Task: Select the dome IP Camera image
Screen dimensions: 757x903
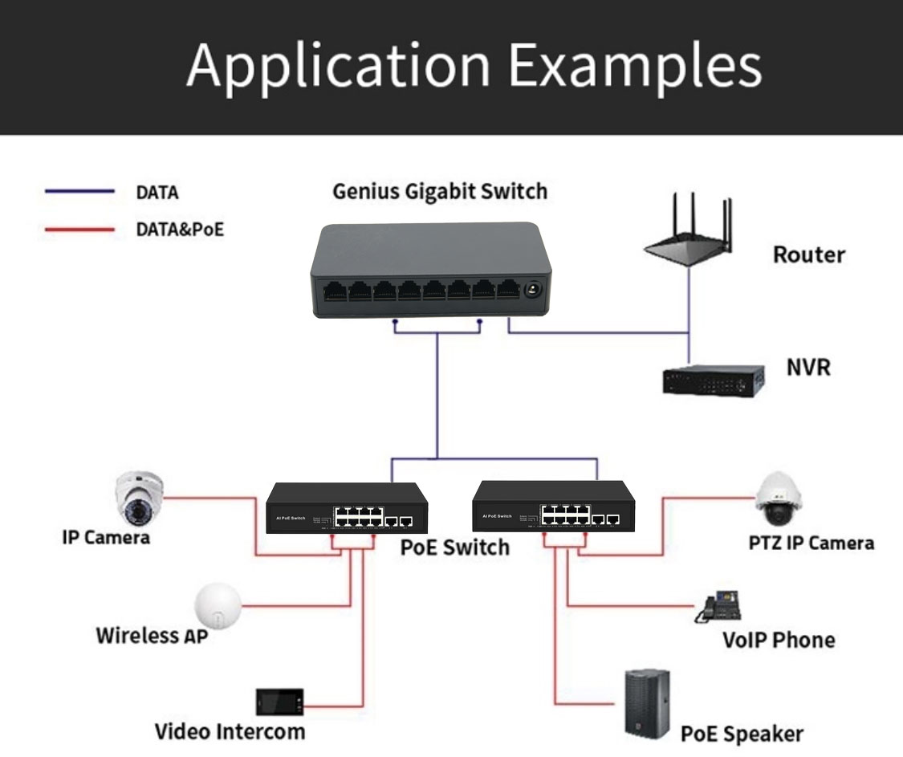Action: pyautogui.click(x=140, y=498)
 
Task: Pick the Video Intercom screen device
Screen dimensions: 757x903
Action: pyautogui.click(x=279, y=702)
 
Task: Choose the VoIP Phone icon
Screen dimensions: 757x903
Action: pyautogui.click(x=718, y=608)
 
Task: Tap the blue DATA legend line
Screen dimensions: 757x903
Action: pyautogui.click(x=79, y=192)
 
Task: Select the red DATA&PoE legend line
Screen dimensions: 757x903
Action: pyautogui.click(x=79, y=230)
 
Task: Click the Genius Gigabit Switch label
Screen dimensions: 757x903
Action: pyautogui.click(x=440, y=192)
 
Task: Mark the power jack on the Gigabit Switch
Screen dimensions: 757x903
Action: pyautogui.click(x=531, y=290)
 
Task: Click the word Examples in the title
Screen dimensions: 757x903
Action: pyautogui.click(x=635, y=65)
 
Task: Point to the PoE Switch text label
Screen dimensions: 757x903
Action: pyautogui.click(x=454, y=547)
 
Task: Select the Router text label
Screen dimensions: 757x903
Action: pyautogui.click(x=808, y=255)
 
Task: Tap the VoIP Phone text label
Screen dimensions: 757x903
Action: pyautogui.click(x=778, y=640)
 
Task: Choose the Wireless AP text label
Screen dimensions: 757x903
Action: pyautogui.click(x=152, y=636)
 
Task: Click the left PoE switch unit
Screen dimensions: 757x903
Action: pyautogui.click(x=346, y=509)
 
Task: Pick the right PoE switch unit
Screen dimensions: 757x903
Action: pyautogui.click(x=553, y=507)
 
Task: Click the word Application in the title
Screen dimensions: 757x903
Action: pyautogui.click(x=338, y=65)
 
